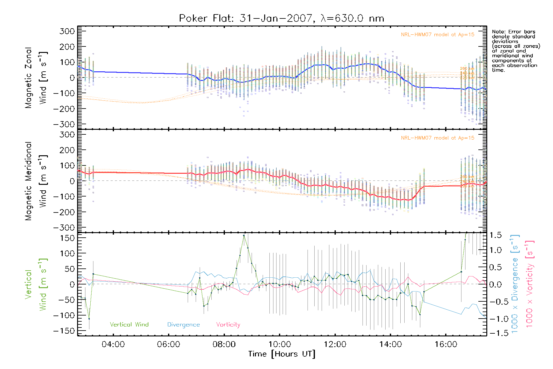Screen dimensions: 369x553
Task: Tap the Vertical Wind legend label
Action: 129,324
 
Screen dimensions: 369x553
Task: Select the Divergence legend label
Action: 183,324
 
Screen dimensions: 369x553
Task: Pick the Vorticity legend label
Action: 228,324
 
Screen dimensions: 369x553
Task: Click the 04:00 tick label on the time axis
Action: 113,344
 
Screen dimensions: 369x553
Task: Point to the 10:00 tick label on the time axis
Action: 280,344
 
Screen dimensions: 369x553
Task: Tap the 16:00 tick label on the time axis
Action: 446,344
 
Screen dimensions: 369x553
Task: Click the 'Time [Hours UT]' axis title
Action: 282,354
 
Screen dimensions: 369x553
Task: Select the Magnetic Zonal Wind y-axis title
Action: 36,77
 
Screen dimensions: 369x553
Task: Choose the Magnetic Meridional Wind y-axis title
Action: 36,181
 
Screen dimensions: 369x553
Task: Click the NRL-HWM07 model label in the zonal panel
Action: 437,35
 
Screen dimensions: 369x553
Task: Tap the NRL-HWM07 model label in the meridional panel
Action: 437,138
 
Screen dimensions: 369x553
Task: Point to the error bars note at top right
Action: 516,51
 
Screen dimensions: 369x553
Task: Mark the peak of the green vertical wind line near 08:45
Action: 244,236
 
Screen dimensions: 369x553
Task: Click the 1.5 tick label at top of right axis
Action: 495,235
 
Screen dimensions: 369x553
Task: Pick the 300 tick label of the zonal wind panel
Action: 67,31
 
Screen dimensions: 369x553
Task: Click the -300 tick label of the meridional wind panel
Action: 64,228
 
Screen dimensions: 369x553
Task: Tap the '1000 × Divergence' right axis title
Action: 515,284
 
